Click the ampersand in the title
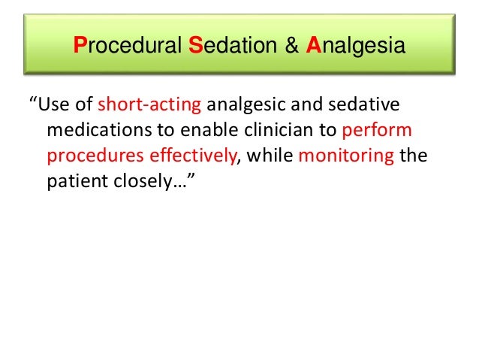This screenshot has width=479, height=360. click(288, 47)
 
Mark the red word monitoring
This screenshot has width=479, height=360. click(347, 155)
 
